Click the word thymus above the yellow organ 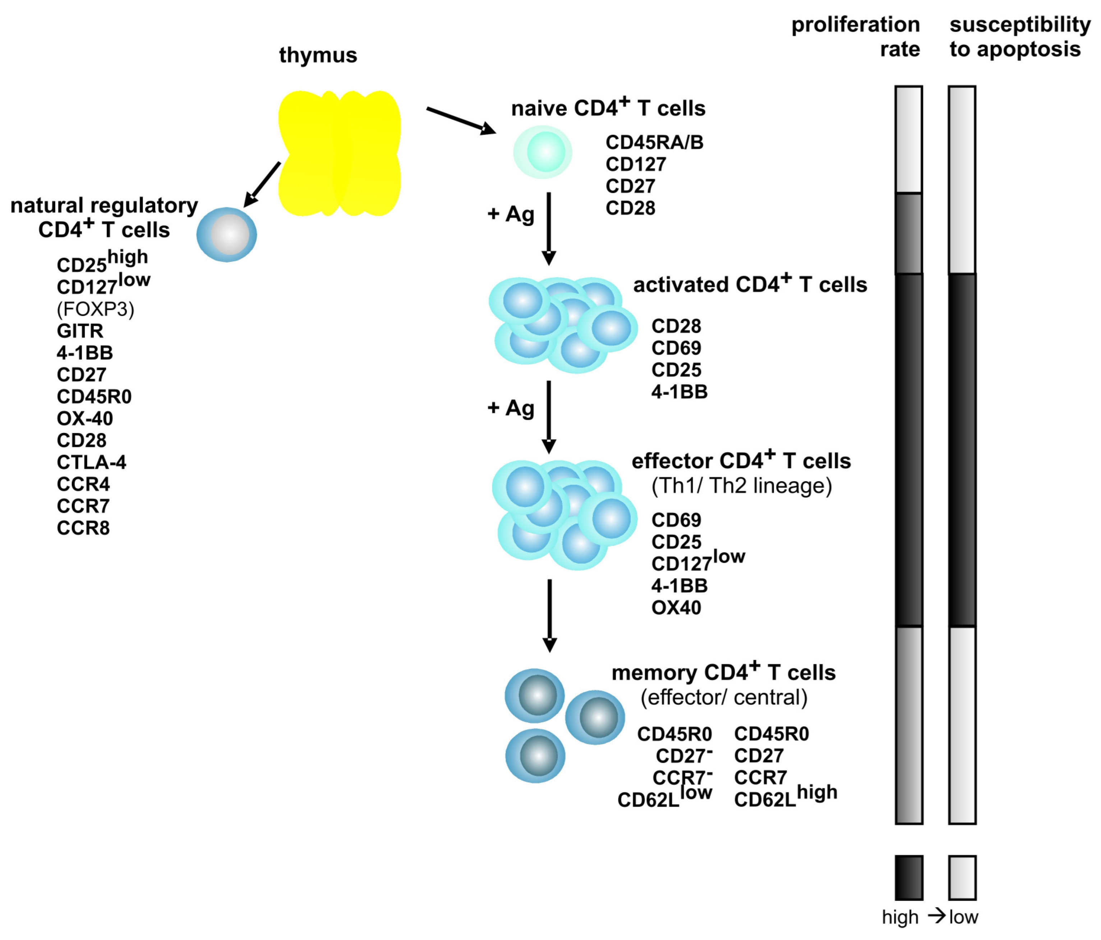[318, 55]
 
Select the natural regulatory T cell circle [227, 234]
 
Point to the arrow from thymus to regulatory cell [262, 184]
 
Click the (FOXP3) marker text [95, 309]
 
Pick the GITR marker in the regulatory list [80, 331]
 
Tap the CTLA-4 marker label [91, 462]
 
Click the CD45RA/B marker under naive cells [654, 142]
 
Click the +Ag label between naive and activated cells [511, 214]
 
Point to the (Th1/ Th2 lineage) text [741, 486]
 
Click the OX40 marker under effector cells [676, 607]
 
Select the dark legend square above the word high [909, 878]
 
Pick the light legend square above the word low [962, 878]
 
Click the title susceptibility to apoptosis [1019, 37]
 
